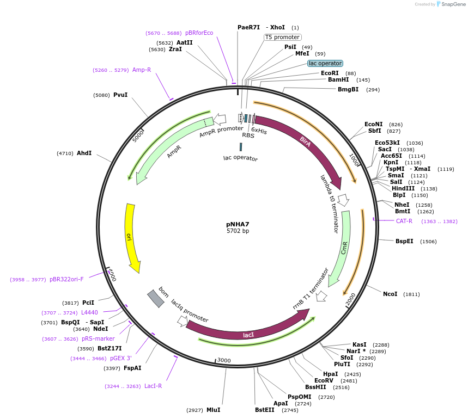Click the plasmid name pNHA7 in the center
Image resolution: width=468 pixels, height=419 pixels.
[x=238, y=224]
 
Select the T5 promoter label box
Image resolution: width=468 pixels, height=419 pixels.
[x=282, y=38]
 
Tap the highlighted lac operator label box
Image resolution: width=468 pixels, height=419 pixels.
[x=325, y=64]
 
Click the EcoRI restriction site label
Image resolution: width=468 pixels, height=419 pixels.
[x=330, y=73]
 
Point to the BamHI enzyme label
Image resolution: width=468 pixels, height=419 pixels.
[x=338, y=79]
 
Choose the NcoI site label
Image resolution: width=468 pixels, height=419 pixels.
[x=390, y=294]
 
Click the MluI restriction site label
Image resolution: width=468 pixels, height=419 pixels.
[x=213, y=410]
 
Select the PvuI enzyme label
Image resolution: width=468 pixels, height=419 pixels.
[x=120, y=95]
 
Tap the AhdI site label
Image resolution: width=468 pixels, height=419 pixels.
[x=84, y=153]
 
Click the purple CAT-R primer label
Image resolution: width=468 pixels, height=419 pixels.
[x=404, y=221]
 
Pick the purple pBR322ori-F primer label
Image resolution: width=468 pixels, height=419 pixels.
[x=66, y=279]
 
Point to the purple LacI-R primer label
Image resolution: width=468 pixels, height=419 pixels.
[x=153, y=386]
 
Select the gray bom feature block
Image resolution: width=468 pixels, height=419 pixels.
[x=155, y=299]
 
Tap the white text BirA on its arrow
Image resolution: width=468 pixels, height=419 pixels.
[x=305, y=142]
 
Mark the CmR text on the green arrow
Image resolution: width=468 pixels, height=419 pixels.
[x=344, y=248]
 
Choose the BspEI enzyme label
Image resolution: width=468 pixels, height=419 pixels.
[x=404, y=241]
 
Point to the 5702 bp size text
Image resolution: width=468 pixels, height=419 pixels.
[x=238, y=231]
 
